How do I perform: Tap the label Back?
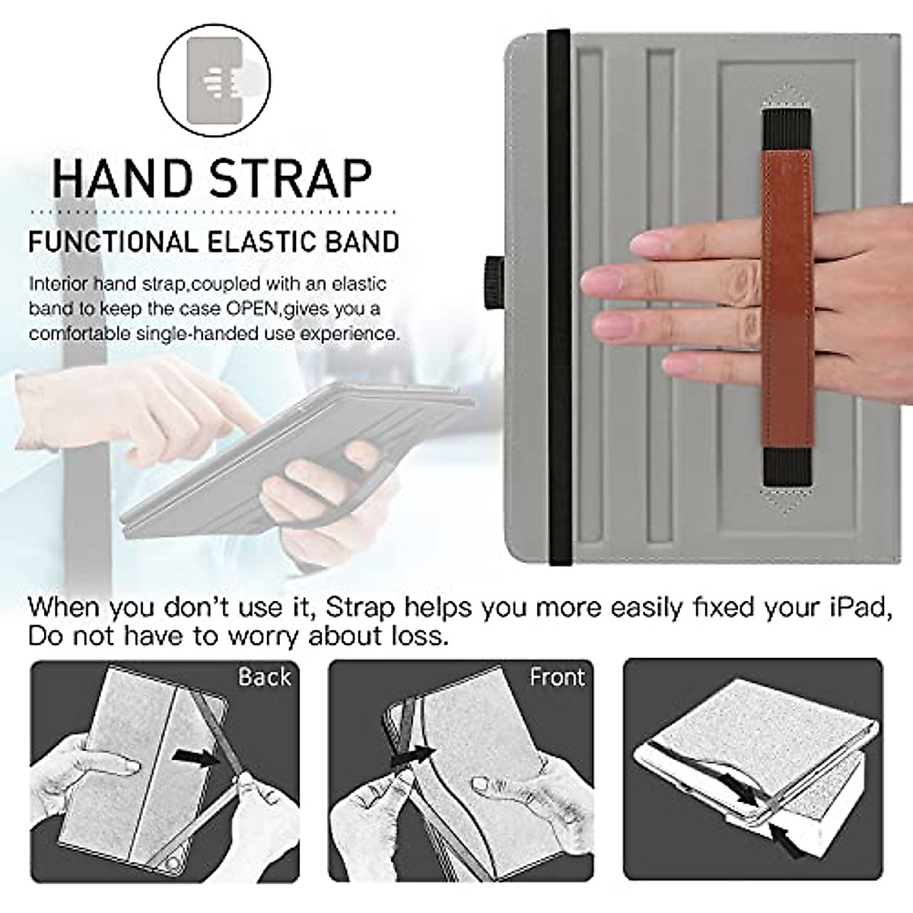pyautogui.click(x=264, y=676)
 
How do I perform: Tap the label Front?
pyautogui.click(x=557, y=676)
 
